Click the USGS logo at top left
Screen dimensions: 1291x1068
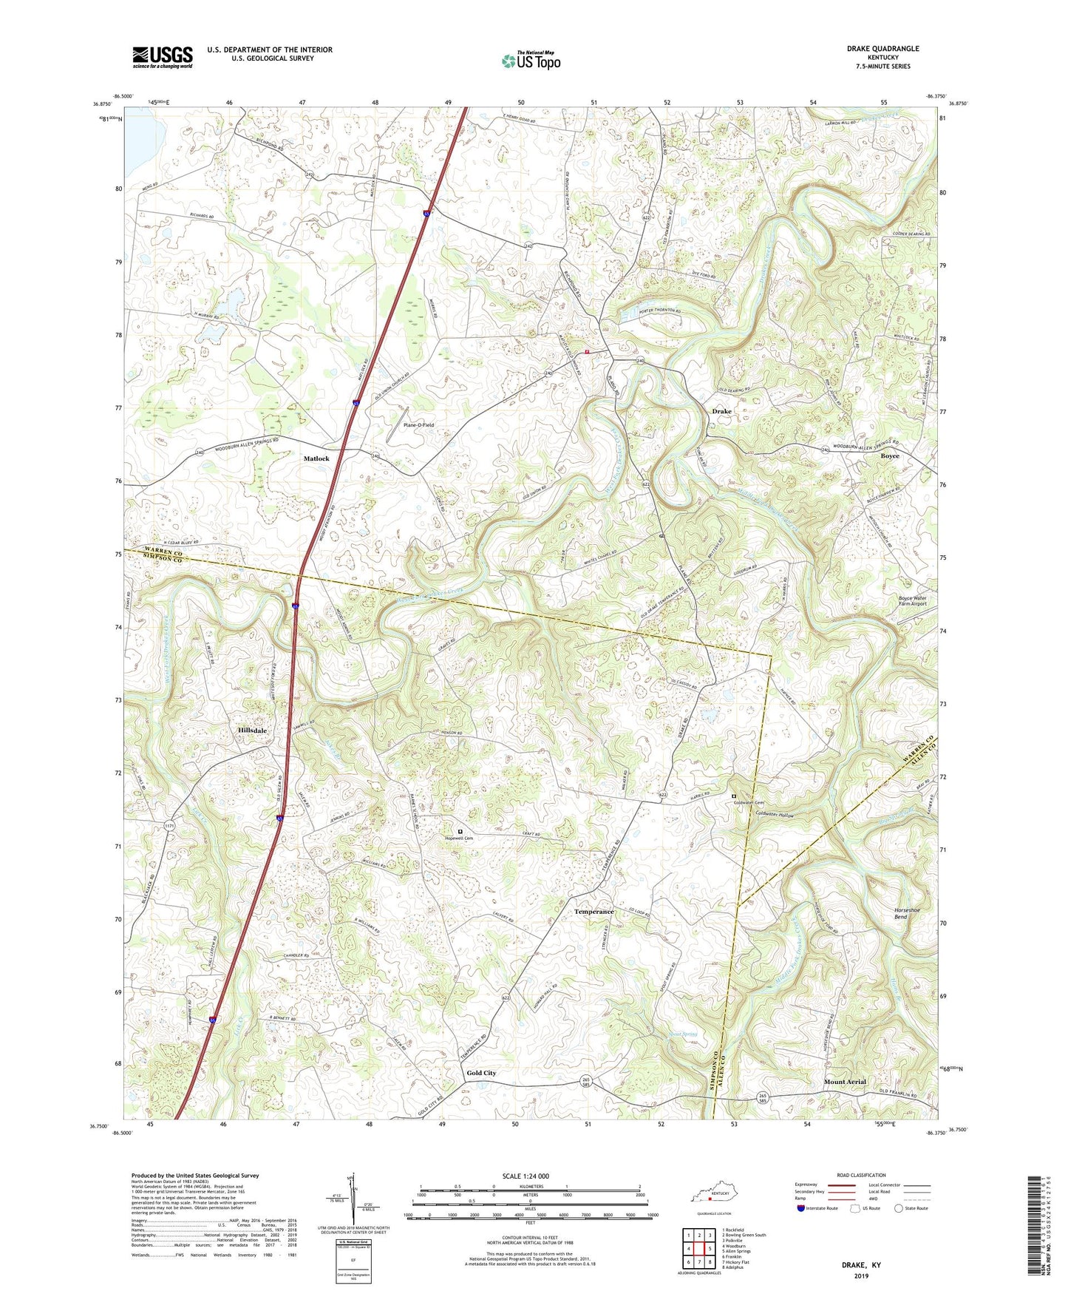point(163,57)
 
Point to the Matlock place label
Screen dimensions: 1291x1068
point(316,459)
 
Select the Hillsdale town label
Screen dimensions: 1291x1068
point(252,731)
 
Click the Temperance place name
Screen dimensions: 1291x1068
point(593,912)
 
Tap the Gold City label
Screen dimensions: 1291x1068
point(481,1073)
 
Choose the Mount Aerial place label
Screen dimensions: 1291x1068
point(845,1082)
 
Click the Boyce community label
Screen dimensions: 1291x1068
point(890,456)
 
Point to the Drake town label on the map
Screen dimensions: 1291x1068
point(721,411)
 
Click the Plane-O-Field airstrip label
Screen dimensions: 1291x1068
point(418,425)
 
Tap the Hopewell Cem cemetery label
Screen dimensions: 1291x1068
point(458,838)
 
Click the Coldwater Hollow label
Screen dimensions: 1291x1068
point(774,815)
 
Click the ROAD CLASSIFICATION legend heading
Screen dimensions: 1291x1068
point(862,1175)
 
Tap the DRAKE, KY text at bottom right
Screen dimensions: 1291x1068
point(861,1265)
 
